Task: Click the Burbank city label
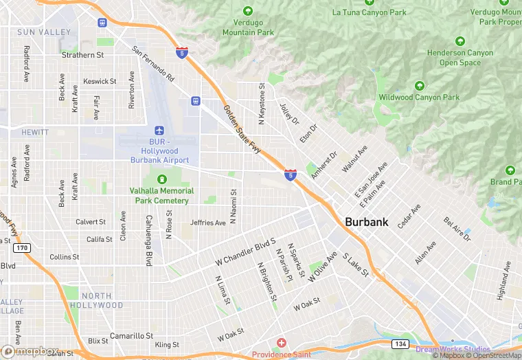pyautogui.click(x=366, y=222)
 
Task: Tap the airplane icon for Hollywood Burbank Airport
pyautogui.click(x=159, y=130)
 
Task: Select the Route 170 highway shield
pyautogui.click(x=22, y=248)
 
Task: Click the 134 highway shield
pyautogui.click(x=401, y=343)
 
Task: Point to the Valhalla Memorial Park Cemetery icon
pyautogui.click(x=162, y=179)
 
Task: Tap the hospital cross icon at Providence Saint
pyautogui.click(x=280, y=343)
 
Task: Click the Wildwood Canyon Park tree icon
pyautogui.click(x=419, y=86)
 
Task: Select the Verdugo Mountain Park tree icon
pyautogui.click(x=248, y=11)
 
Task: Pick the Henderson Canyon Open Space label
pyautogui.click(x=459, y=58)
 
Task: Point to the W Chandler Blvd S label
pyautogui.click(x=245, y=251)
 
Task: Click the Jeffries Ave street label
pyautogui.click(x=208, y=223)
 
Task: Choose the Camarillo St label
pyautogui.click(x=131, y=335)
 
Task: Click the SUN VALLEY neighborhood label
pyautogui.click(x=44, y=32)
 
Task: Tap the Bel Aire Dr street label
pyautogui.click(x=457, y=229)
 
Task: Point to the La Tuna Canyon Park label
pyautogui.click(x=369, y=12)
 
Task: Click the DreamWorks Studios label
pyautogui.click(x=453, y=350)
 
